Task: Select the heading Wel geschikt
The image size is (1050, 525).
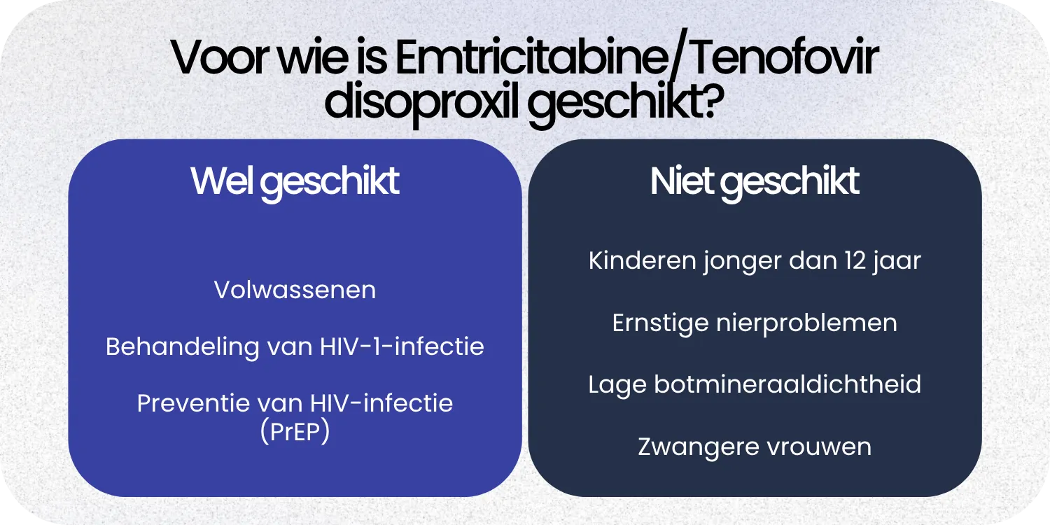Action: click(x=295, y=182)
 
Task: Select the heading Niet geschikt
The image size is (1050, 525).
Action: click(x=755, y=182)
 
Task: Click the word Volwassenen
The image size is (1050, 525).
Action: click(x=295, y=290)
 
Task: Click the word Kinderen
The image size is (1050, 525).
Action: click(x=633, y=260)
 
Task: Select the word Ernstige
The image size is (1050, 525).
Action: click(x=659, y=323)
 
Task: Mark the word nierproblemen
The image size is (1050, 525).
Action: click(x=806, y=323)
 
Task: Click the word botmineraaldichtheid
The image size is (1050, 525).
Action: click(x=787, y=384)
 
